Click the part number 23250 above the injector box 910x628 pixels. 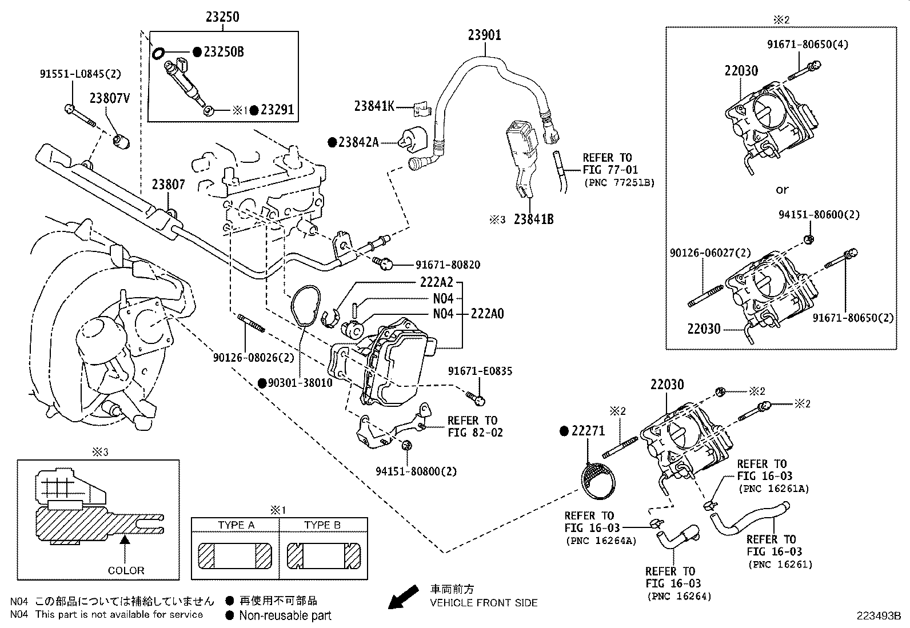pos(222,17)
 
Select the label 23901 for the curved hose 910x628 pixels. pos(484,35)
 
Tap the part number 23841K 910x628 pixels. pos(374,106)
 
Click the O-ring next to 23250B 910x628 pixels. pos(158,53)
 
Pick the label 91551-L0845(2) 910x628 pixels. pos(80,74)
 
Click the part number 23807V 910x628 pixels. pos(109,98)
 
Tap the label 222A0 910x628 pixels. pos(487,314)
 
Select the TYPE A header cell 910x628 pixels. pos(236,525)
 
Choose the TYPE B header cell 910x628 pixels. pos(322,525)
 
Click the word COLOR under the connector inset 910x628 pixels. pos(126,570)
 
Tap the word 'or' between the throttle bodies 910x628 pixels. pos(781,189)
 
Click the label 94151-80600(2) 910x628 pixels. pos(819,215)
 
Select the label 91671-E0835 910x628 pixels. pos(480,371)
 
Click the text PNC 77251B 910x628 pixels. pos(619,182)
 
